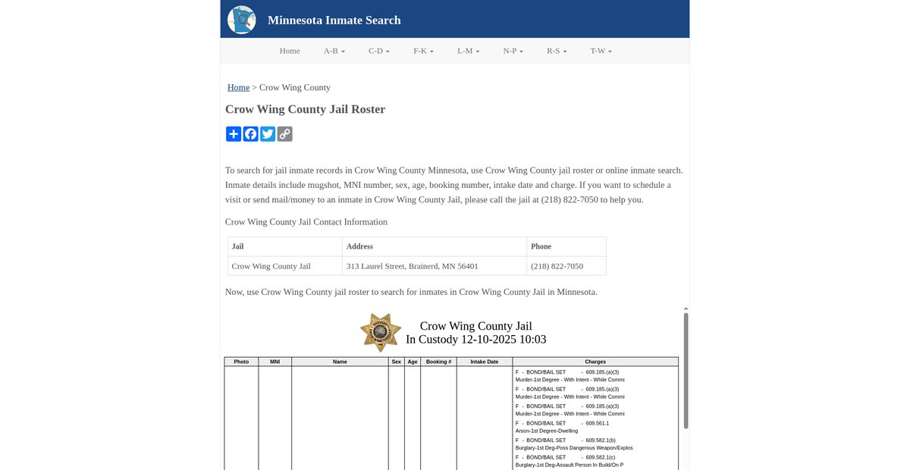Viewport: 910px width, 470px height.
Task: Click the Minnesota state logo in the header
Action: point(241,20)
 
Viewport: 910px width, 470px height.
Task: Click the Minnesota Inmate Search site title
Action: point(334,20)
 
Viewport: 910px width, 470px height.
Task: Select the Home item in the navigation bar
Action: point(290,51)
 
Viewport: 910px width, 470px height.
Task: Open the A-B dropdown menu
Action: point(334,51)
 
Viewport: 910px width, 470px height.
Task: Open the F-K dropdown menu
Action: point(423,51)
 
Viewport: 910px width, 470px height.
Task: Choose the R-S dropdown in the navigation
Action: point(557,51)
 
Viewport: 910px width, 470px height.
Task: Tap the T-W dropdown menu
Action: point(601,51)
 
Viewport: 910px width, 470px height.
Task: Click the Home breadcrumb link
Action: point(238,87)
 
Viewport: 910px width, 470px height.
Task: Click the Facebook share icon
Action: point(250,134)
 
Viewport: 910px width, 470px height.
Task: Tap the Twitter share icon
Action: point(268,134)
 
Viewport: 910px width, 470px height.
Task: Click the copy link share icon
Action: point(284,134)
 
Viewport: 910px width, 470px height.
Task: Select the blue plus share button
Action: point(234,134)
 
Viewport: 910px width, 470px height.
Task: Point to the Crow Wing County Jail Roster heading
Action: point(305,109)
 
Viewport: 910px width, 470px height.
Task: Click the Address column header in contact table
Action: point(359,246)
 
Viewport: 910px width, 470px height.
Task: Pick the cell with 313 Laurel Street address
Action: point(412,266)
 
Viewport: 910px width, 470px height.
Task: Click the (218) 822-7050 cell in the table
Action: point(557,266)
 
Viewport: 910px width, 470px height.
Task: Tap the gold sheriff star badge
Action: point(381,332)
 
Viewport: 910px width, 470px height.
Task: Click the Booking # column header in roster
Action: point(438,362)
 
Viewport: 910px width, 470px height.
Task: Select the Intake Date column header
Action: point(484,362)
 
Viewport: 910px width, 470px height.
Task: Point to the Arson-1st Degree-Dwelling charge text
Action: point(546,431)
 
